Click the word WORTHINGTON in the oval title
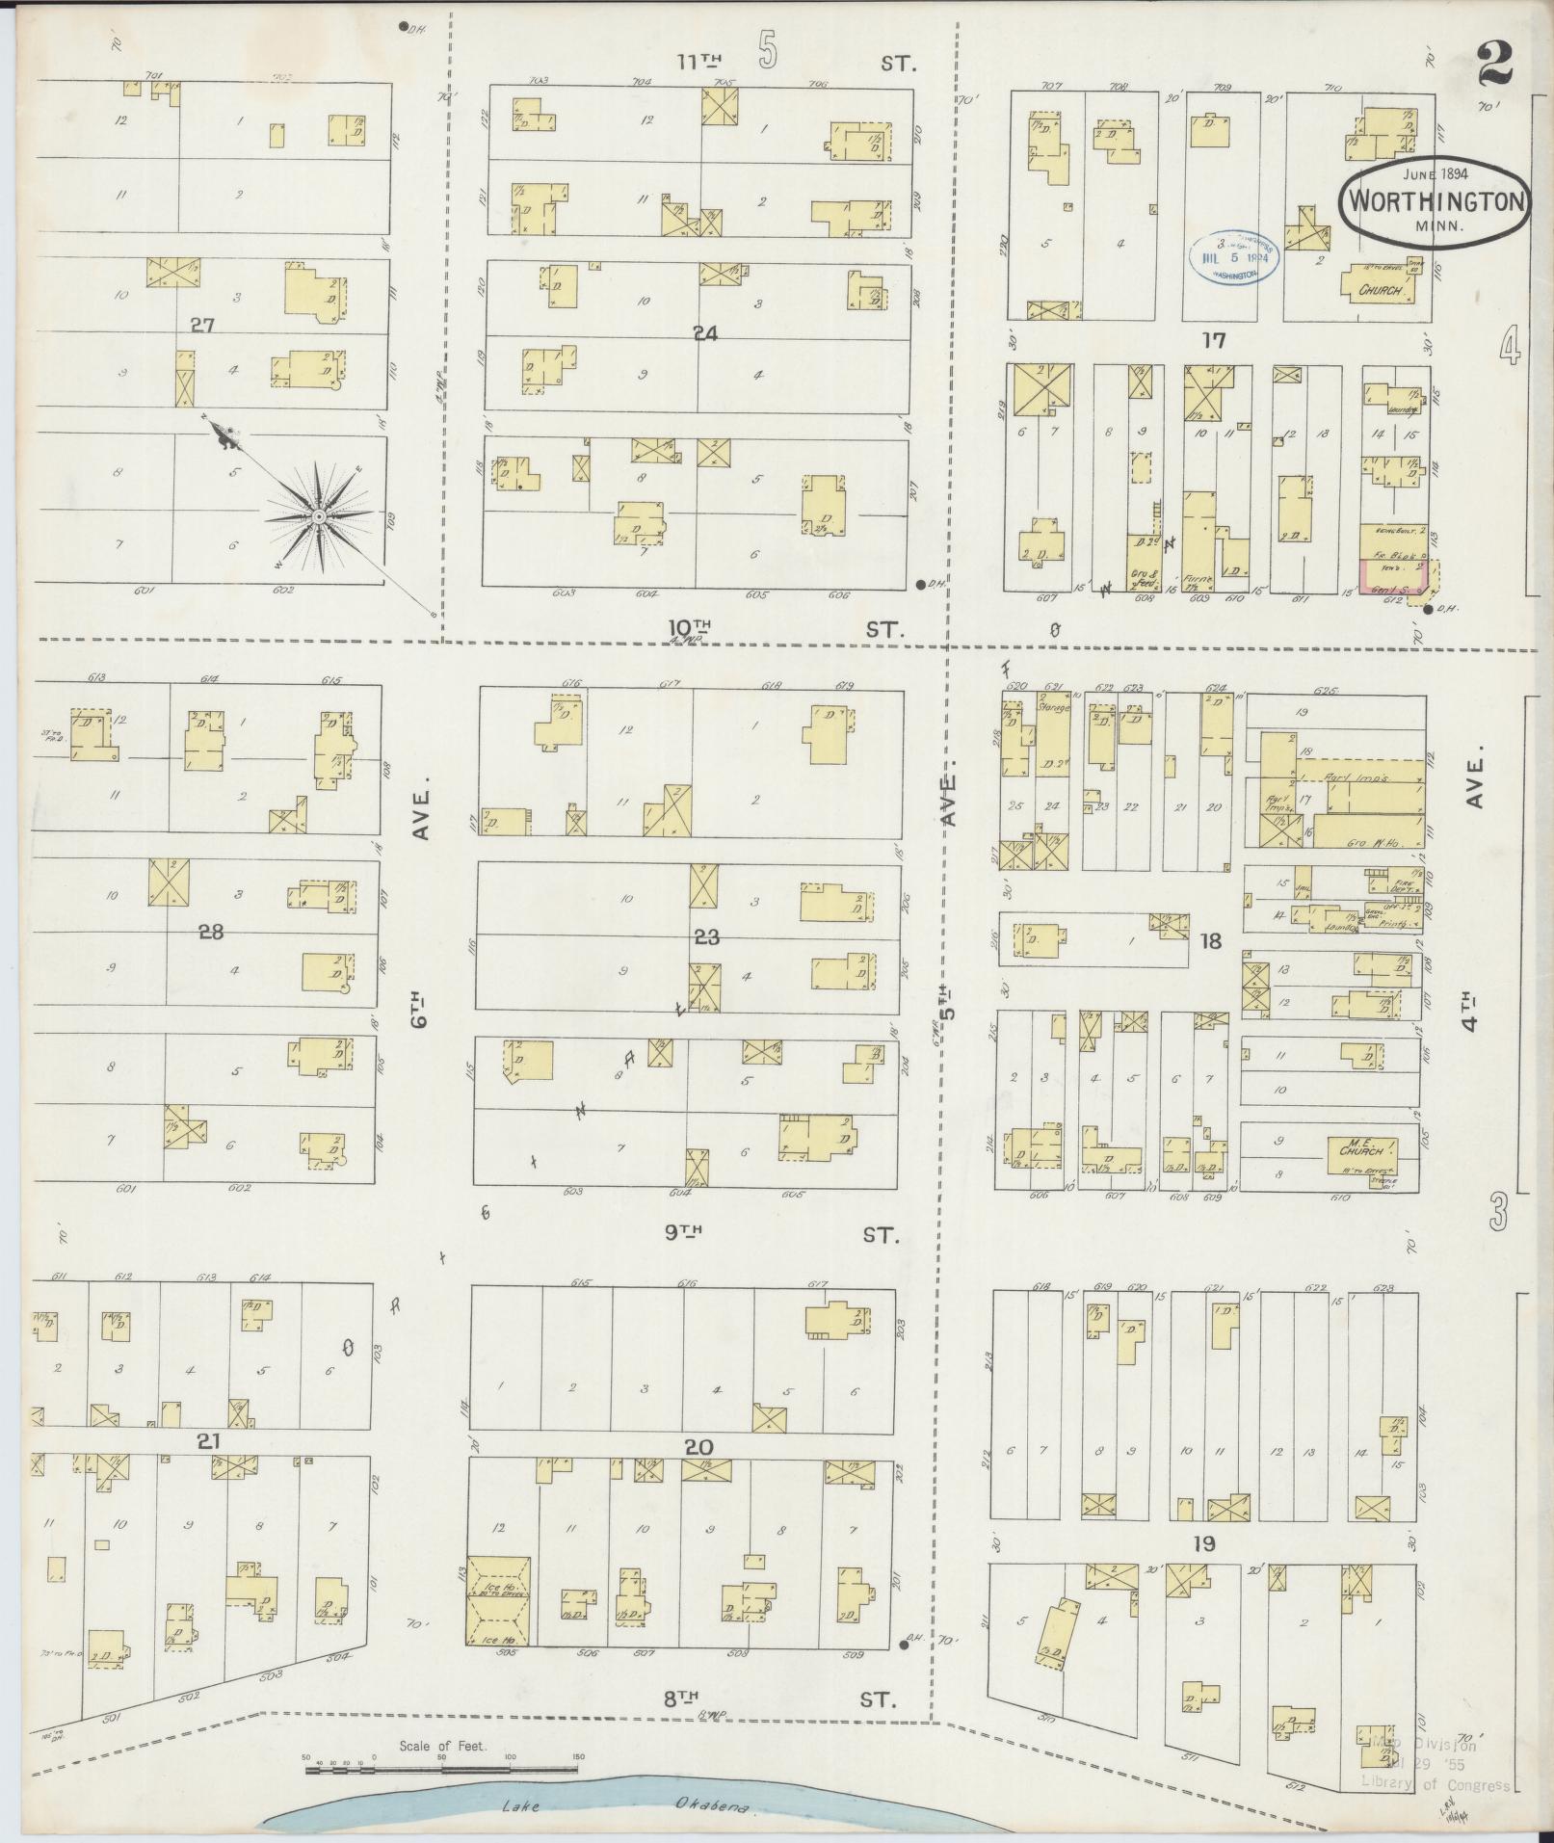pos(1432,202)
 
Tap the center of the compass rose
pos(317,518)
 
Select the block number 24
pos(704,333)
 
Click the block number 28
pos(210,932)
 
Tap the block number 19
pos(1202,1543)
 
